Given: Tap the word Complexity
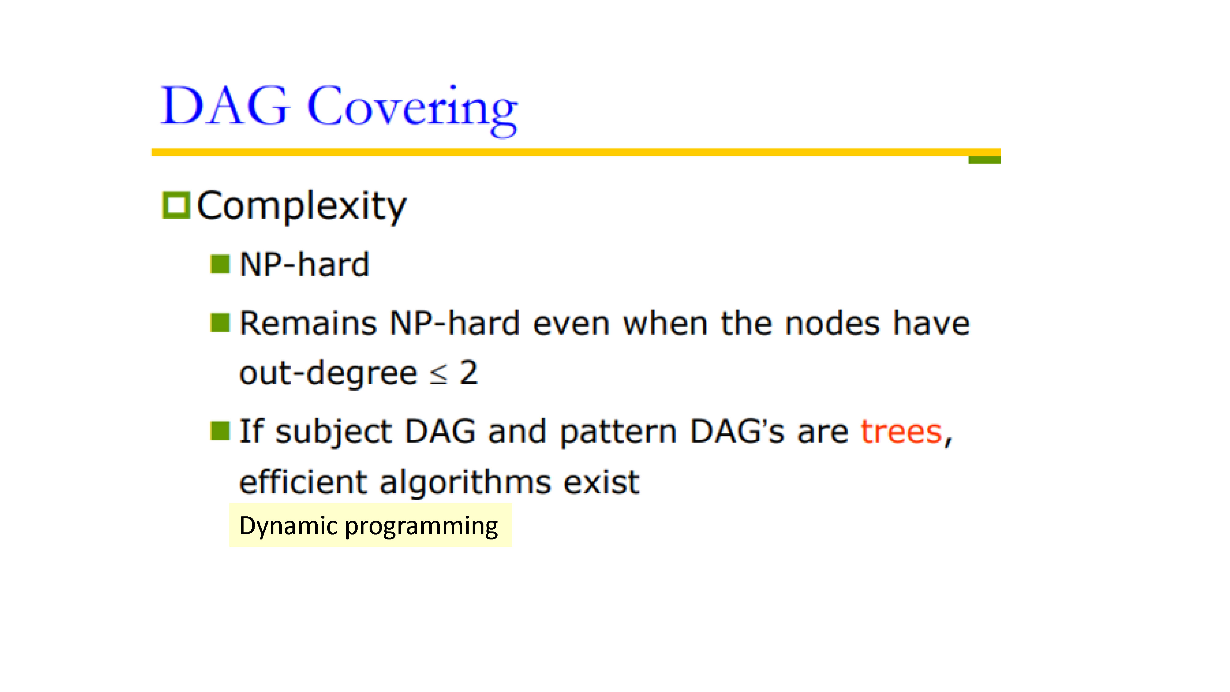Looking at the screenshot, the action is point(302,206).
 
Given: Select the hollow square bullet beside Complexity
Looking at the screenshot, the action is point(176,205).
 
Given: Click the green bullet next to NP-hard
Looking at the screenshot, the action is point(220,264).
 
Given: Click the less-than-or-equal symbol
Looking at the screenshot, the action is point(438,374).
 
